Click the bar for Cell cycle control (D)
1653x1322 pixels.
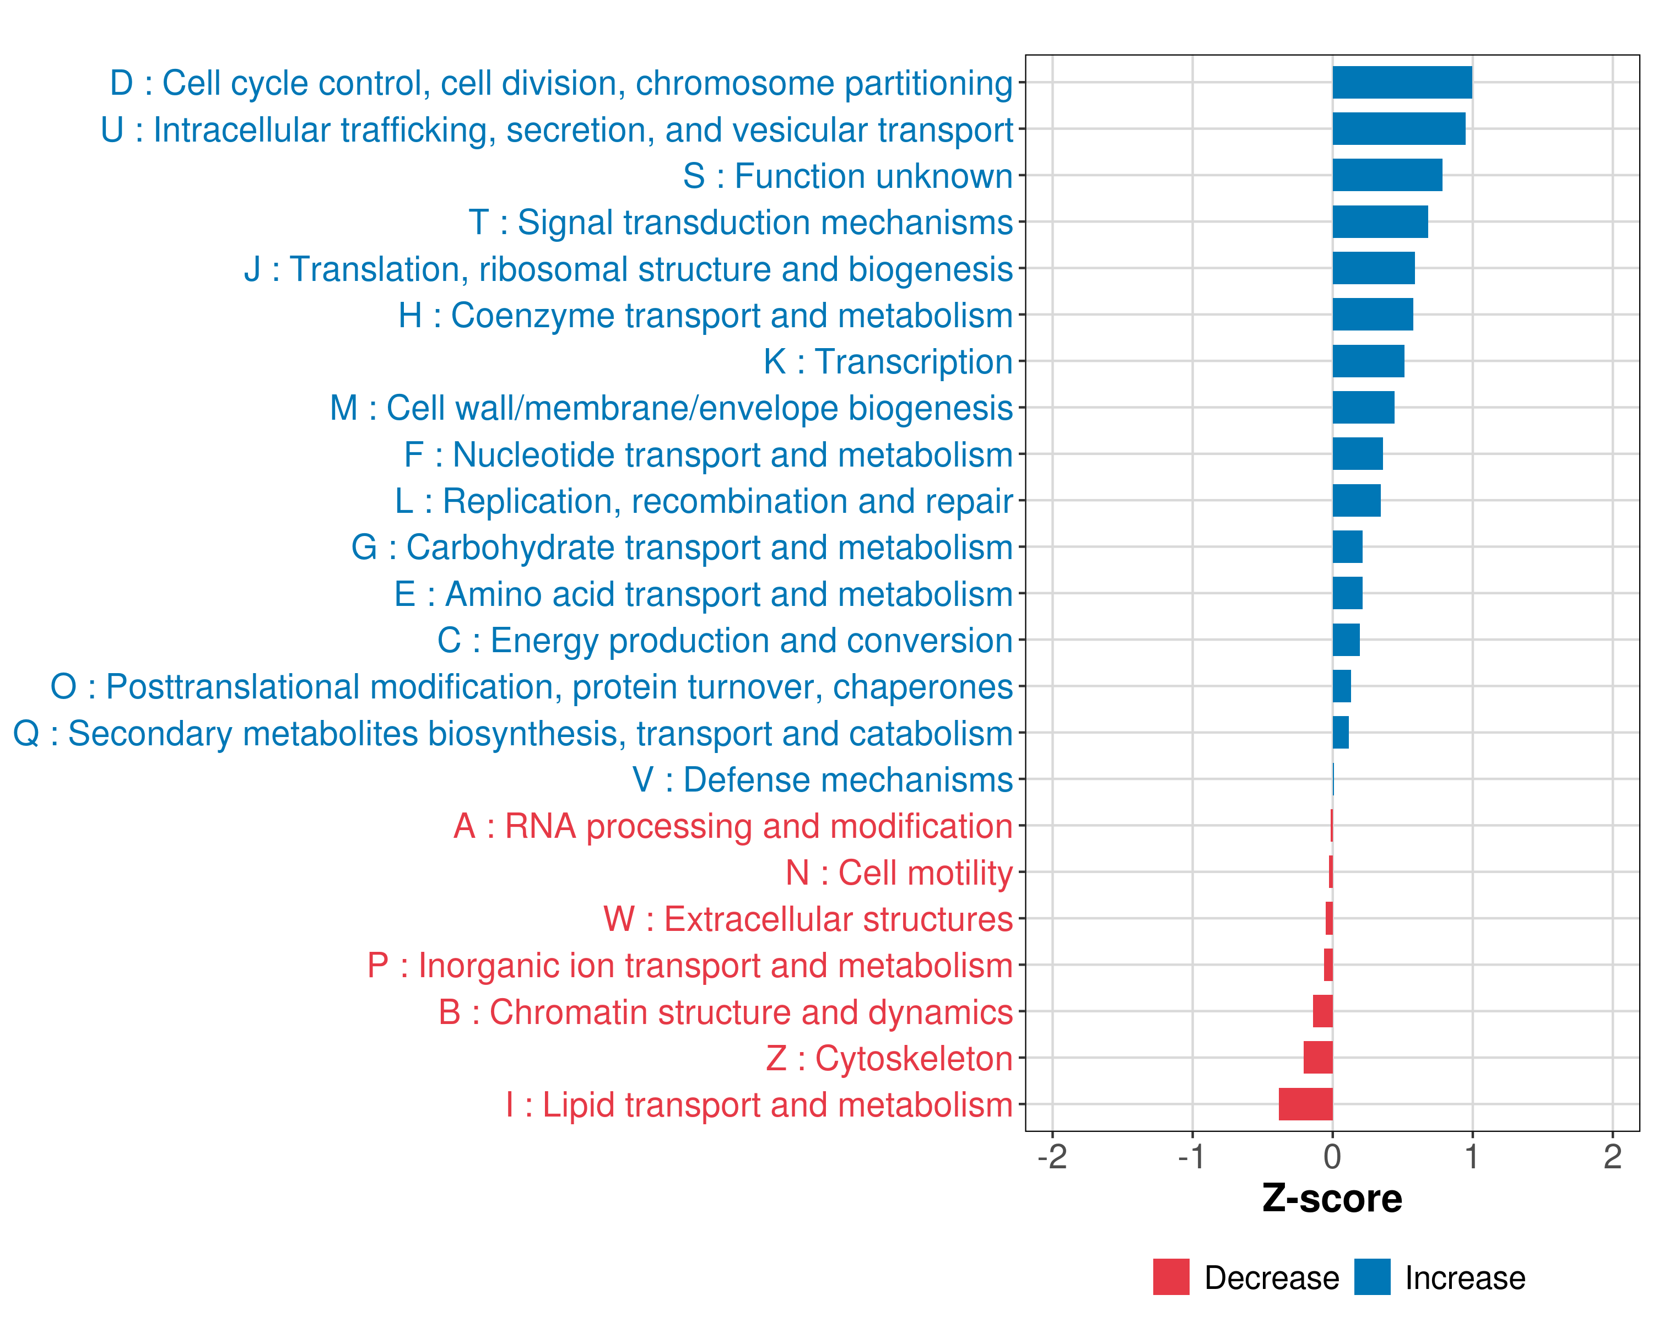[1402, 83]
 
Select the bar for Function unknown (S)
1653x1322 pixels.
[1387, 176]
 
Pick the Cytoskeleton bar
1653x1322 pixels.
[1317, 1058]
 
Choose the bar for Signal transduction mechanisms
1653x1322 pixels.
[1380, 222]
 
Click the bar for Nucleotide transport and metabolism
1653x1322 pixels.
[1357, 454]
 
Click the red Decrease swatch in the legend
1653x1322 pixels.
[1171, 1277]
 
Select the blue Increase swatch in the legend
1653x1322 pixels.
[1371, 1277]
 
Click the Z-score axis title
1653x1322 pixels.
[1332, 1199]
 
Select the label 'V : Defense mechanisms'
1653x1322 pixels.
[822, 780]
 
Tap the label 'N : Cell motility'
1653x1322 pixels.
[899, 873]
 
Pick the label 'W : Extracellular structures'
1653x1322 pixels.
[808, 919]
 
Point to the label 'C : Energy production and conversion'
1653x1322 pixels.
[725, 641]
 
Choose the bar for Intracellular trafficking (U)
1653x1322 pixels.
[1398, 129]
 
